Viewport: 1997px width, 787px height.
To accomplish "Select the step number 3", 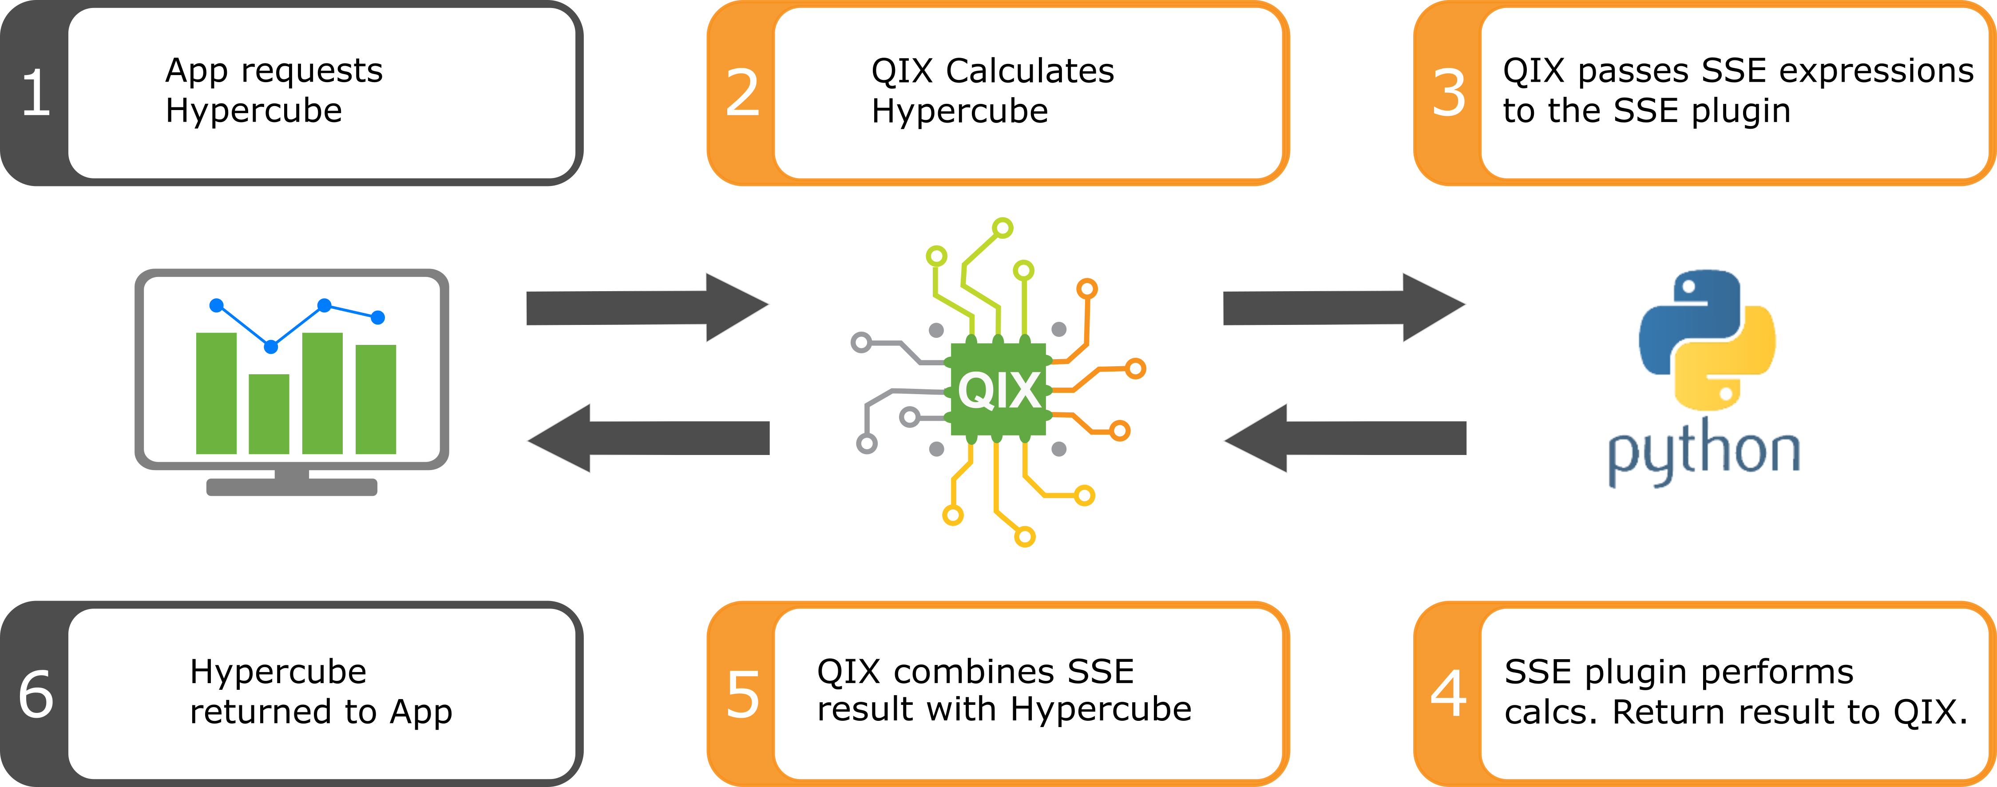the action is click(1449, 93).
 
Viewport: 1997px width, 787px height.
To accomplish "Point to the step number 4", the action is click(1448, 693).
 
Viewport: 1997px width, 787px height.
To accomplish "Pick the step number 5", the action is click(743, 694).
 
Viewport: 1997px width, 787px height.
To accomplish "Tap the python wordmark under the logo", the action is click(1704, 451).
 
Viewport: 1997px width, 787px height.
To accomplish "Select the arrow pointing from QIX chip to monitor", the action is click(648, 438).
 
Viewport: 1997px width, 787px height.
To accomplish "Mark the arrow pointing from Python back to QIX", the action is click(1345, 438).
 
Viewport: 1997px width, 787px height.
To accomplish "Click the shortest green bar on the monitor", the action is click(269, 414).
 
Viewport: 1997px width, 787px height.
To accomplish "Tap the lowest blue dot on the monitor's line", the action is click(270, 347).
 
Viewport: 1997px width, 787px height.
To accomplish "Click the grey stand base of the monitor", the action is click(292, 487).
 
